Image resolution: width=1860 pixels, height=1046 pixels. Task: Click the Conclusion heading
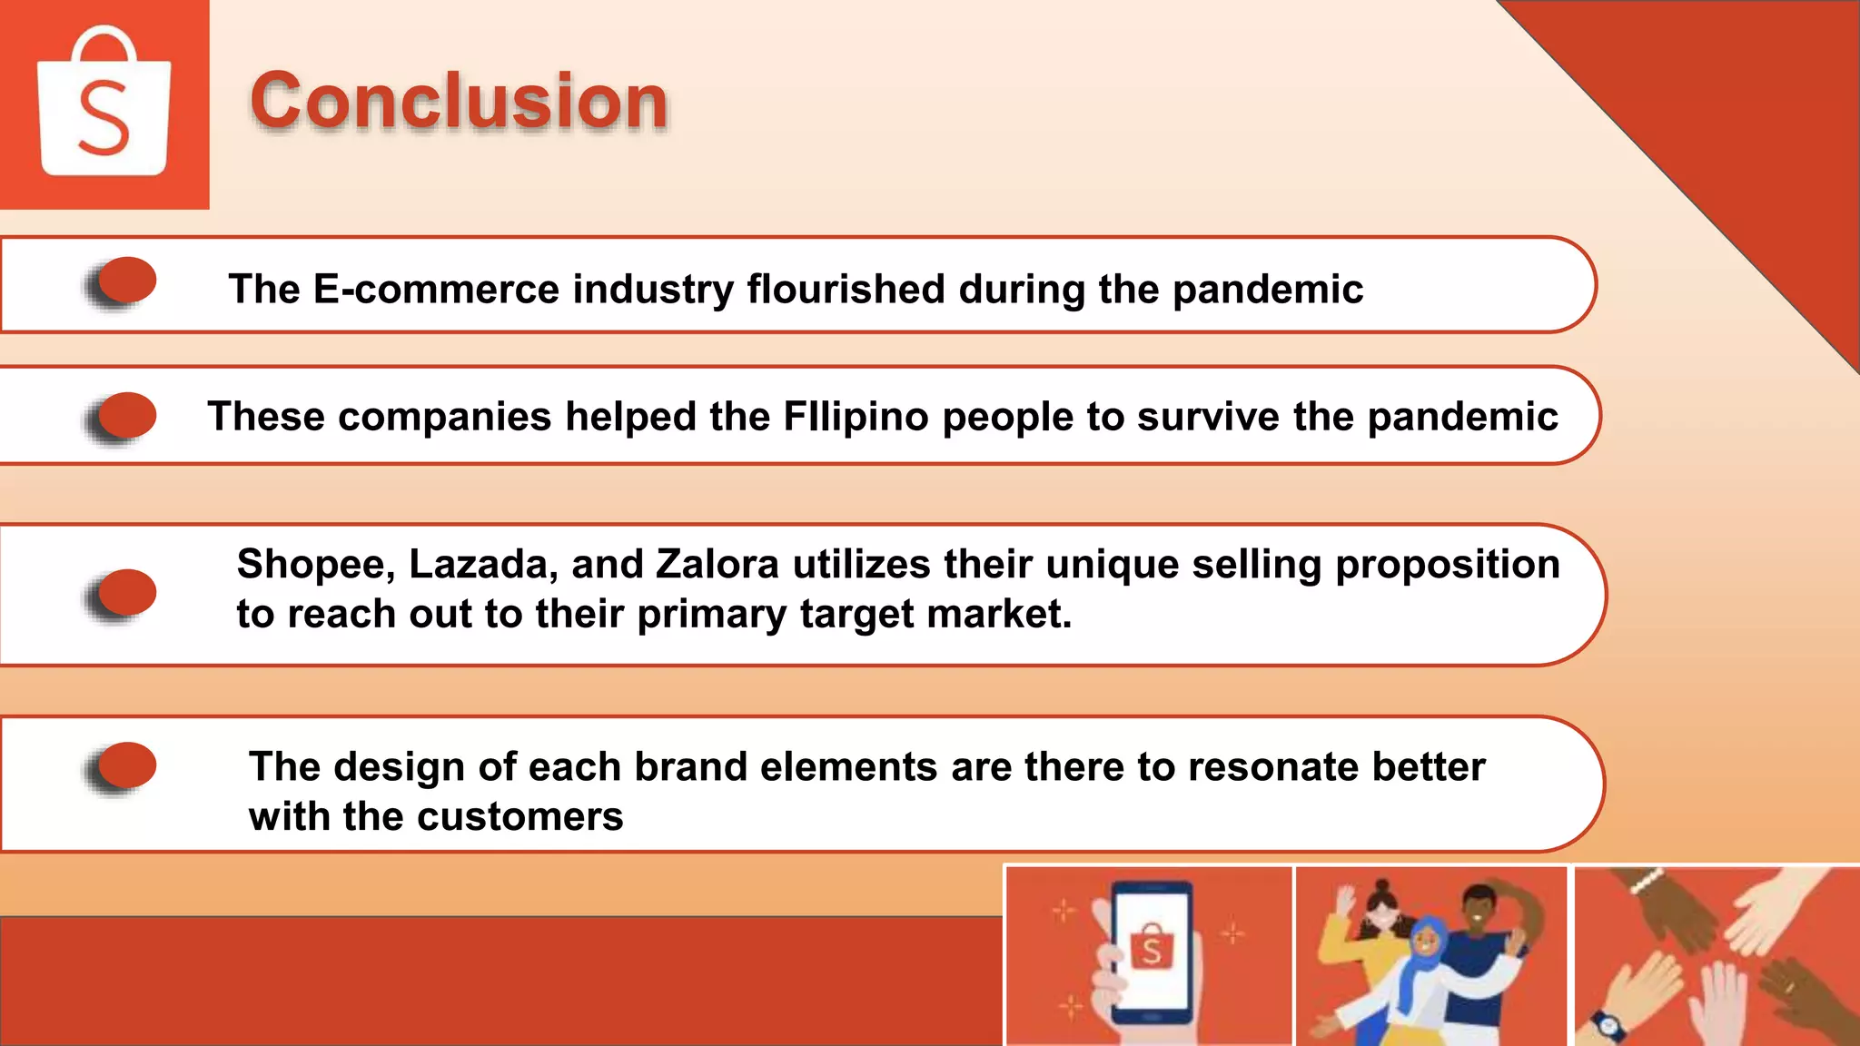pos(459,101)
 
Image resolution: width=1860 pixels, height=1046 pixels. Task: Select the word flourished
pos(846,290)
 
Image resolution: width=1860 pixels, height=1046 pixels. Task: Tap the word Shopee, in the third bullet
pos(315,565)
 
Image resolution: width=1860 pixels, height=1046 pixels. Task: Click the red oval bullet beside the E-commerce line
pos(126,280)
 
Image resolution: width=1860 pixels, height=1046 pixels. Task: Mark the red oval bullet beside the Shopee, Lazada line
pos(126,592)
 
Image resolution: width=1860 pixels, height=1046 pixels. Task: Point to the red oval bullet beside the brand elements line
pos(126,765)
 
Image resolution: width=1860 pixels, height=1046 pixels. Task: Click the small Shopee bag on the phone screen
pos(1151,948)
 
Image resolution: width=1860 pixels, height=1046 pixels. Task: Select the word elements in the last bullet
pos(848,767)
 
